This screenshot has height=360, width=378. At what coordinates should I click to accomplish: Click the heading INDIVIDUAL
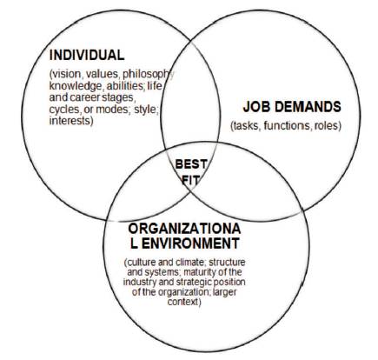(x=87, y=55)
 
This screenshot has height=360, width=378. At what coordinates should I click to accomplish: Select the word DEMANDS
(x=308, y=107)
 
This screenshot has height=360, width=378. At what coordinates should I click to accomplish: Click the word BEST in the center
(x=191, y=164)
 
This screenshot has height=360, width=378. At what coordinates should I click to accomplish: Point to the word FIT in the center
(x=190, y=181)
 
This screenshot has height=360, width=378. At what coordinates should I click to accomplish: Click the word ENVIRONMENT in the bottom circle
(x=190, y=243)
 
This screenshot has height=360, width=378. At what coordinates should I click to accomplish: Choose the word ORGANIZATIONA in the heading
(x=184, y=229)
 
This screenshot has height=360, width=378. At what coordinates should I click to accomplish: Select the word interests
(x=71, y=121)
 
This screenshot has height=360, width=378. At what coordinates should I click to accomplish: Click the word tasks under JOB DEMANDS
(x=245, y=126)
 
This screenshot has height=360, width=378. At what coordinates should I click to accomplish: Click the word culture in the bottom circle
(x=141, y=263)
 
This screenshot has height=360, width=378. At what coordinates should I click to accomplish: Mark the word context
(x=184, y=302)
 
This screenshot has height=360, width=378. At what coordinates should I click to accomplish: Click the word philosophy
(x=149, y=75)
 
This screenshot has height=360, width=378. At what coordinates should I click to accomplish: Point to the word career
(x=85, y=97)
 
